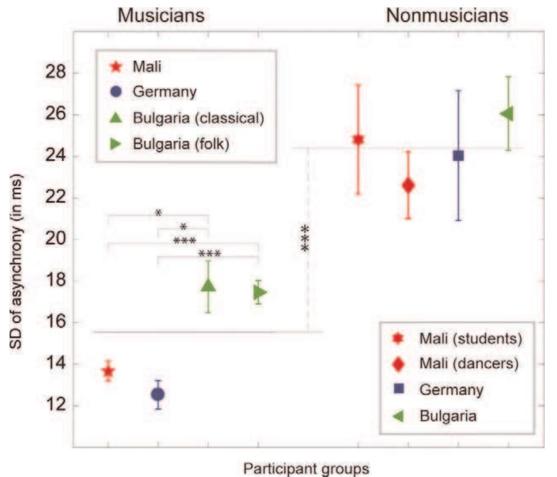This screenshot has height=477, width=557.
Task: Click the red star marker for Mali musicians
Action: click(109, 371)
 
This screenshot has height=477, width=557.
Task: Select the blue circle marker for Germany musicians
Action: click(158, 394)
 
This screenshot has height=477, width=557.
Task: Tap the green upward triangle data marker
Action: click(208, 286)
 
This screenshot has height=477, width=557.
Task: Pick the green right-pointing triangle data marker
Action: click(260, 292)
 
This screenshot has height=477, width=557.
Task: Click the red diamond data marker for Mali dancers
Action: click(408, 185)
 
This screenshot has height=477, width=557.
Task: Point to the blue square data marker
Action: click(458, 155)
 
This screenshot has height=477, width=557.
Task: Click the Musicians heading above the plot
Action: click(161, 16)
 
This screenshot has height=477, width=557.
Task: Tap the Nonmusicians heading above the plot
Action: click(447, 16)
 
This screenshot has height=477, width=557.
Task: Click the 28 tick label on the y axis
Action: click(56, 72)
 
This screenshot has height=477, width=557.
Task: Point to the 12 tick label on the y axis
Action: click(56, 405)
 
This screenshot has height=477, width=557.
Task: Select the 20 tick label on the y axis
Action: click(56, 238)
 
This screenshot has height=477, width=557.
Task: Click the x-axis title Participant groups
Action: click(306, 469)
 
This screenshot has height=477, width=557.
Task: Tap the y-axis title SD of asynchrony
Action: click(16, 262)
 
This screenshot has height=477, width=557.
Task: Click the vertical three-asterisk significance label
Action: click(305, 238)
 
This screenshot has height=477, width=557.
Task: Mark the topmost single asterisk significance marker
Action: click(158, 213)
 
